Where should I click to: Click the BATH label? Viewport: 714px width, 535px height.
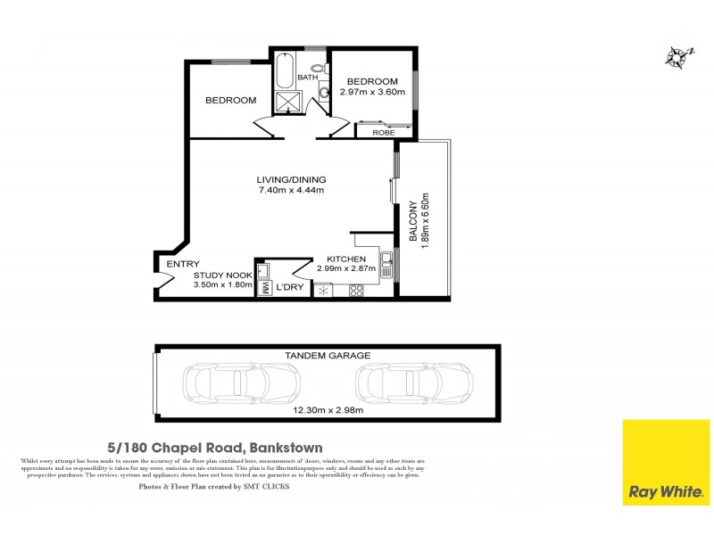[x=307, y=78]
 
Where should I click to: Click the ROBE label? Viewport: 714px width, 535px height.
[x=384, y=132]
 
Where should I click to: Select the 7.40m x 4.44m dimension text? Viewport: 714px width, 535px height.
[x=290, y=190]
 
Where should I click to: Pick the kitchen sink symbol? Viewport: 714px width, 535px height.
[x=386, y=264]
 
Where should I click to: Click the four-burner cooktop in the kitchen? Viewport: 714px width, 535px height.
[x=355, y=290]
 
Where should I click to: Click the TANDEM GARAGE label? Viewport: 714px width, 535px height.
[x=327, y=355]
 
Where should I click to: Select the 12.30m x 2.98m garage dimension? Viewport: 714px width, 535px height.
[x=327, y=411]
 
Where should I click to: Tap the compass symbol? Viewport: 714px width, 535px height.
[x=677, y=57]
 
